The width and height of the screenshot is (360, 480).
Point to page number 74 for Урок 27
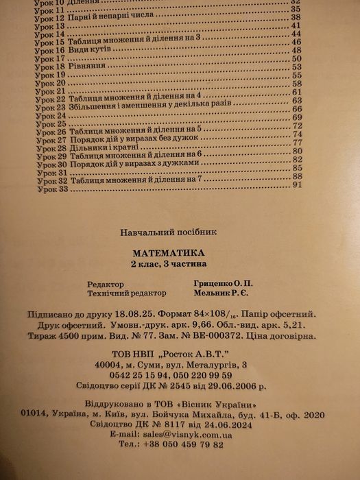pyautogui.click(x=298, y=135)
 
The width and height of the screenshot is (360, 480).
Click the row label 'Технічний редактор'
pyautogui.click(x=124, y=293)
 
